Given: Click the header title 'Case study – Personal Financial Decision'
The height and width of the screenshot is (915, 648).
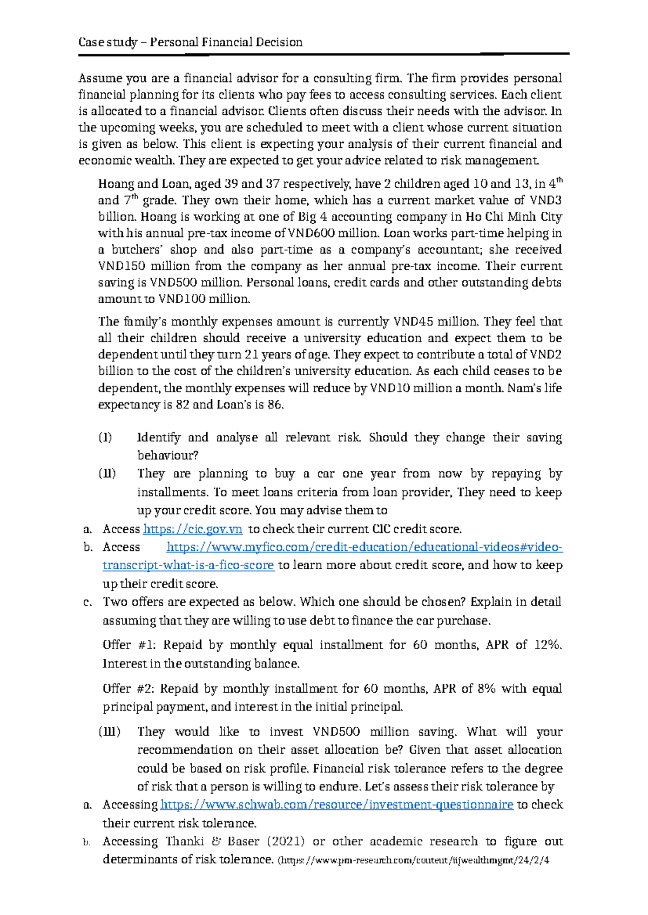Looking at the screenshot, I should click(x=190, y=42).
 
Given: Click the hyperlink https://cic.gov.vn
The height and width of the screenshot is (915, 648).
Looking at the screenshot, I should click(x=192, y=529).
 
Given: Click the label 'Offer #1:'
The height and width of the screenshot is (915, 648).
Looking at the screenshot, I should click(x=130, y=645).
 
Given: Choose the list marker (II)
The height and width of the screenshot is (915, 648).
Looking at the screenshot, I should click(x=106, y=474).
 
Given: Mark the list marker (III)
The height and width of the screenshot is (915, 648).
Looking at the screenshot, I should click(x=109, y=732).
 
